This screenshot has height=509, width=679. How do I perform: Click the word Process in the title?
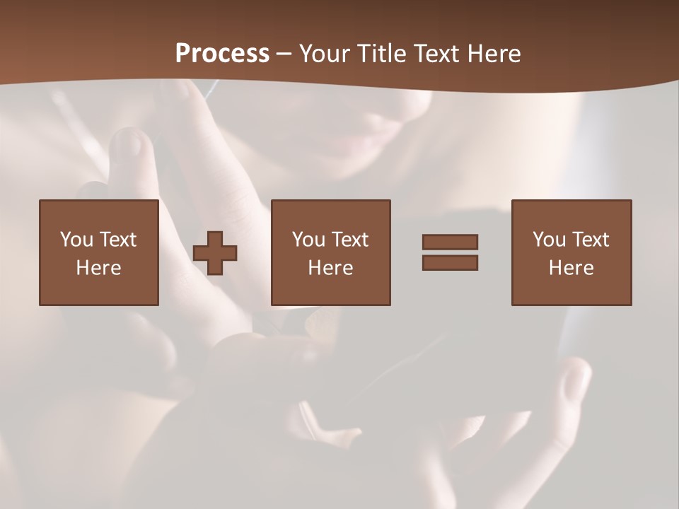[222, 54]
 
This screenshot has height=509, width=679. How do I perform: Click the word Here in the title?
[494, 54]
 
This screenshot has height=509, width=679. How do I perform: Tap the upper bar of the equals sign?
[450, 242]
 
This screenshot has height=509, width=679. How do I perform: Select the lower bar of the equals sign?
[450, 262]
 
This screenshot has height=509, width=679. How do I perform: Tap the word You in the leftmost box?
[76, 240]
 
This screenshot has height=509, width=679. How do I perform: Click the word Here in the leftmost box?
[99, 268]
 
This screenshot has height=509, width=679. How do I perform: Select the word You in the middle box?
[308, 240]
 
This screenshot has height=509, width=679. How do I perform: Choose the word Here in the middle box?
[331, 268]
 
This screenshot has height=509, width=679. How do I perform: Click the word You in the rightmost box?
[549, 240]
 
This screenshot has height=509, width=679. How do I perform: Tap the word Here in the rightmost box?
[571, 268]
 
